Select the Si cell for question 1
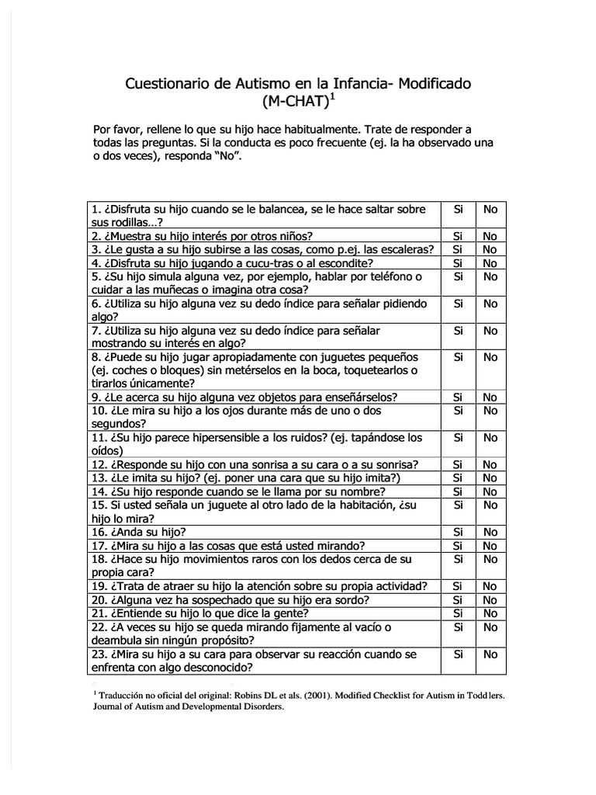coord(458,210)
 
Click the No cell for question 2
coord(490,236)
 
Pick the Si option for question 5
coord(458,276)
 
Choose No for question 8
coord(490,357)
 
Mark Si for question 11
coord(458,438)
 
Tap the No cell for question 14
coord(490,491)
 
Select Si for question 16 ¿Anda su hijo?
coord(458,532)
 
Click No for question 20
coord(490,600)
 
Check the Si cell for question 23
coord(458,654)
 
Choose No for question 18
coord(490,559)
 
